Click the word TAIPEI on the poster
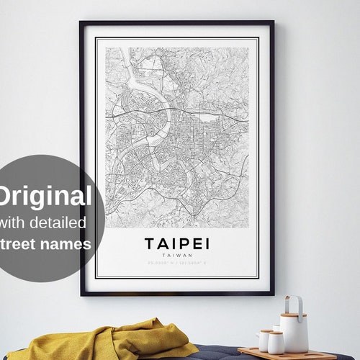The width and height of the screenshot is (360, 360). click(176, 243)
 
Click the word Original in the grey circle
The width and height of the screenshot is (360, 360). click(45, 197)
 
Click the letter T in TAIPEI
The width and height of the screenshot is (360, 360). click(149, 243)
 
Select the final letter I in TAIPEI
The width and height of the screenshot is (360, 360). click(206, 243)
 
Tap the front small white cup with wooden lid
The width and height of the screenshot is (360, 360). click(275, 341)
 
